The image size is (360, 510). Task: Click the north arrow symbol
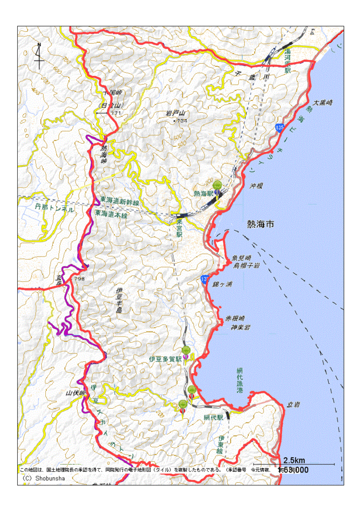[39, 56]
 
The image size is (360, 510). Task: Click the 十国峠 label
[112, 92]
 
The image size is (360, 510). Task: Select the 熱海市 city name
[263, 224]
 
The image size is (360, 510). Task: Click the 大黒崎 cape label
[323, 102]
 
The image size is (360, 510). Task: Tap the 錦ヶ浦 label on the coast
[222, 284]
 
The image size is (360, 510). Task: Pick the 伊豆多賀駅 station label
[165, 360]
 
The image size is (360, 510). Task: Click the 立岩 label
[293, 404]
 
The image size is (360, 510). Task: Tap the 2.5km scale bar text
[294, 460]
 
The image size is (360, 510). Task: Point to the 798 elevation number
[79, 279]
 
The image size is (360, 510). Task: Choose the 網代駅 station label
[213, 418]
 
